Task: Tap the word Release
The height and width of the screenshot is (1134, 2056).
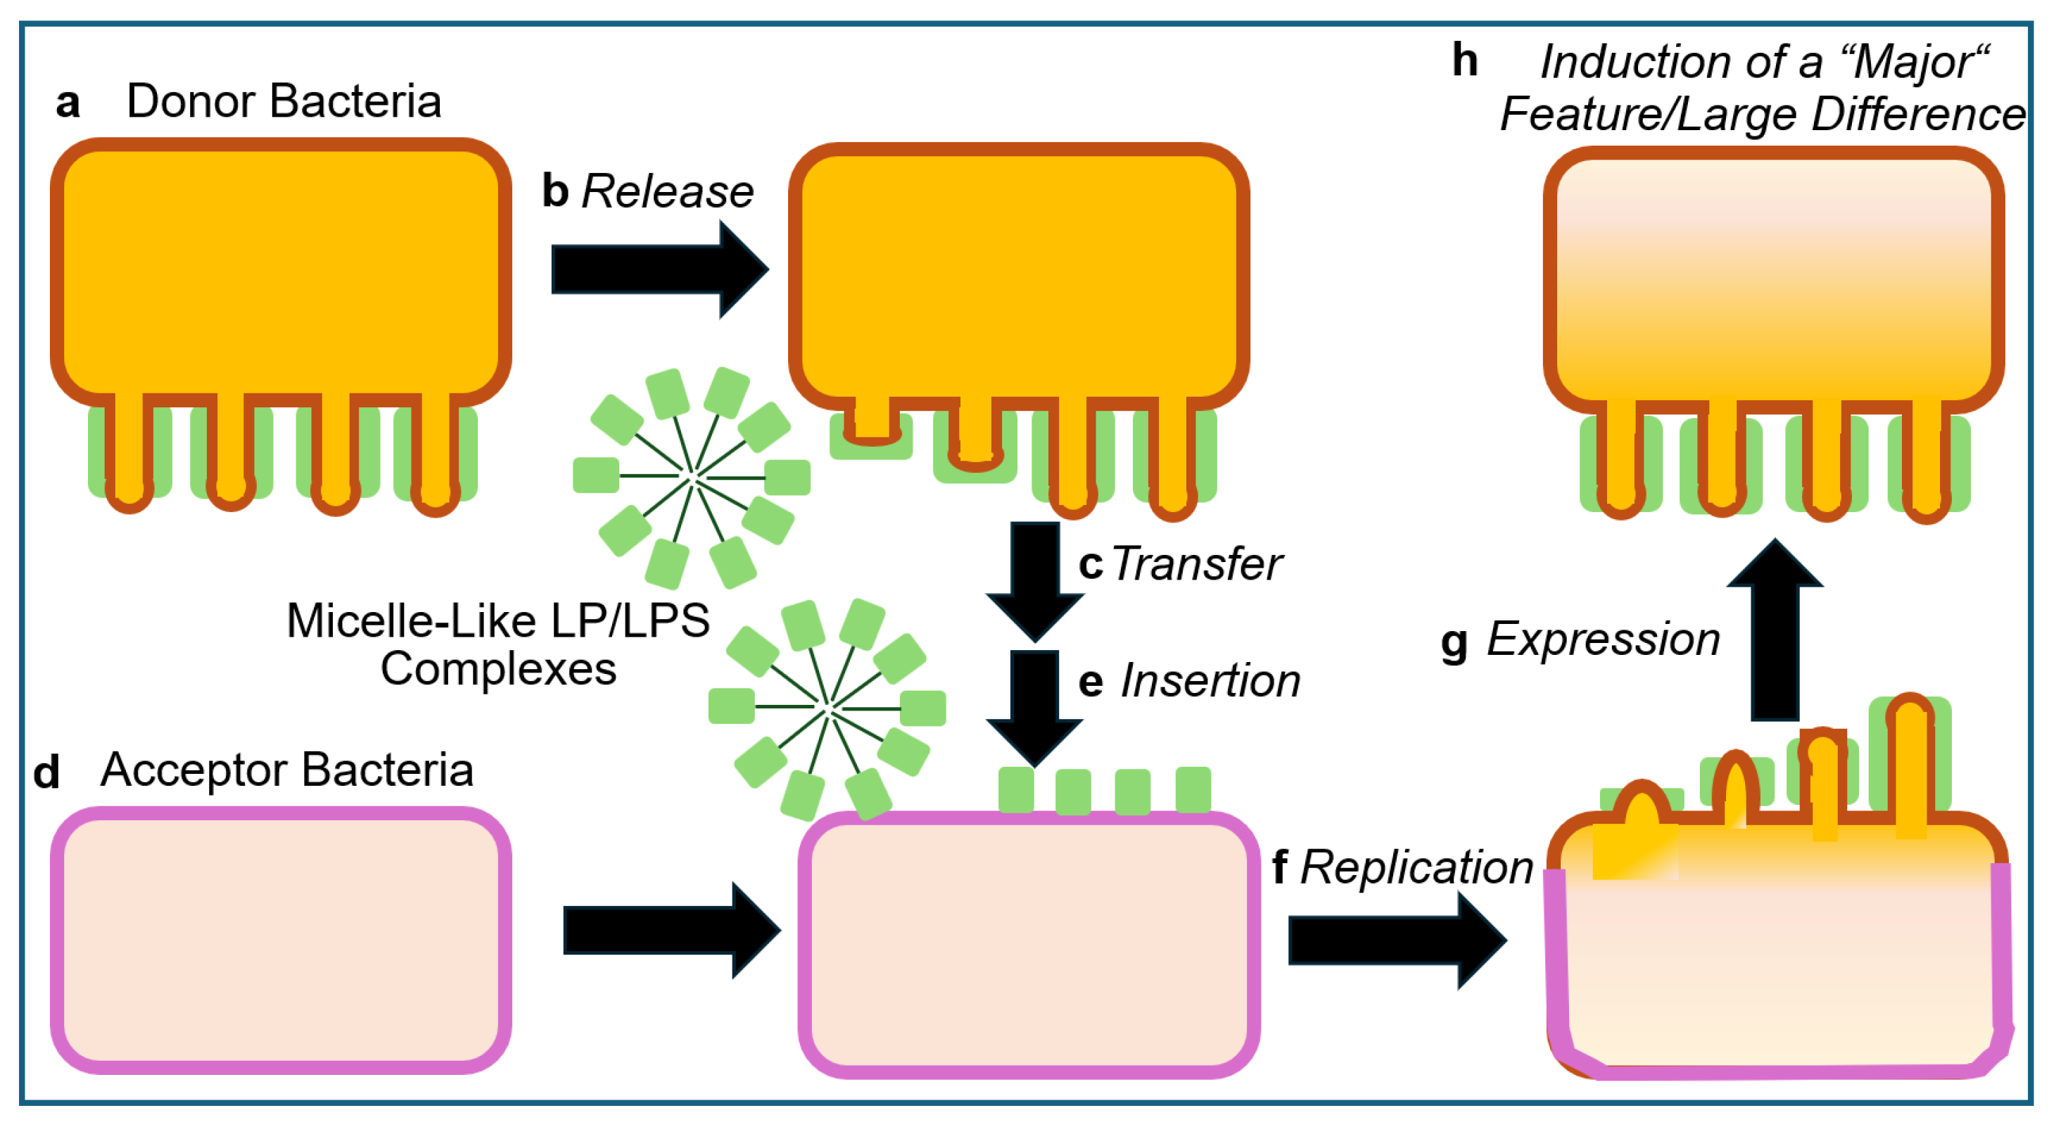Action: click(667, 191)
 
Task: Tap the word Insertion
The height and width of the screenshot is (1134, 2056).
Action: click(1210, 682)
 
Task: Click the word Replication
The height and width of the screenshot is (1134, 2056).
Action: click(1416, 867)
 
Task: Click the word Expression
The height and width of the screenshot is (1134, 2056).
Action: click(1602, 639)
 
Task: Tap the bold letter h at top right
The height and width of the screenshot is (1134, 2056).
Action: click(1464, 60)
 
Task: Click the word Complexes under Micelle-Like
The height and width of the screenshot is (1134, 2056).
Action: click(498, 669)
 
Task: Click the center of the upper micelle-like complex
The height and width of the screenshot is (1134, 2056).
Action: click(692, 477)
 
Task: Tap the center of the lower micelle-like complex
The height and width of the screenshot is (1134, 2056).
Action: click(827, 707)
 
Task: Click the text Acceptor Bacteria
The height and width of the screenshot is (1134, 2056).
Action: click(286, 770)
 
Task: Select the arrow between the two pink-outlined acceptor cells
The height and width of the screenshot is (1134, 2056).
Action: click(671, 930)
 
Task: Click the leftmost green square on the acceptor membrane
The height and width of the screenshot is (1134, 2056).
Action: click(1016, 790)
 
